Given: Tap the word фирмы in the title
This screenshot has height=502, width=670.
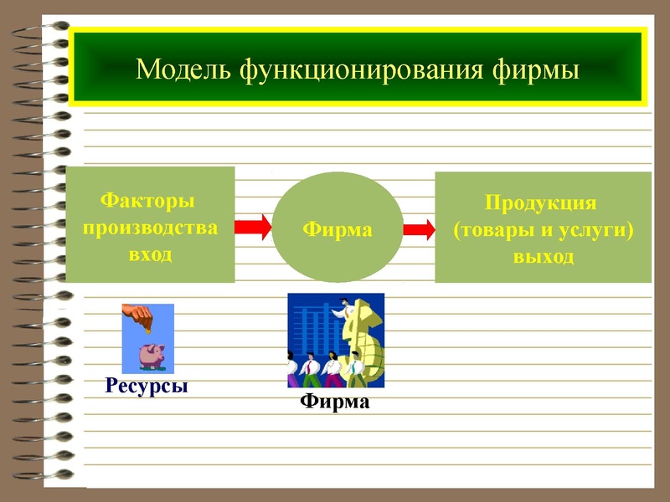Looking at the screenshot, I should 533,68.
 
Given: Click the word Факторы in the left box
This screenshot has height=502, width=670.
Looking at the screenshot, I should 148,201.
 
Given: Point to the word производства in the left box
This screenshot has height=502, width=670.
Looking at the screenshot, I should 148,227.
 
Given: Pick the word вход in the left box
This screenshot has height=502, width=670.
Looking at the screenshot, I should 148,254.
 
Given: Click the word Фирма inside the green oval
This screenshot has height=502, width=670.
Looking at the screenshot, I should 337,228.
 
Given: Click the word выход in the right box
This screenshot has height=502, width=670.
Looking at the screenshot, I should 543,255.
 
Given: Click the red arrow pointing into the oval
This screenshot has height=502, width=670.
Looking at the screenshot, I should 254,227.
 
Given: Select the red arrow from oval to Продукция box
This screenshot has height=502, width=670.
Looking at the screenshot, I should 419,228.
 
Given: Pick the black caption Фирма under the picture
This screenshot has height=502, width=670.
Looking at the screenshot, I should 335,402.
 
